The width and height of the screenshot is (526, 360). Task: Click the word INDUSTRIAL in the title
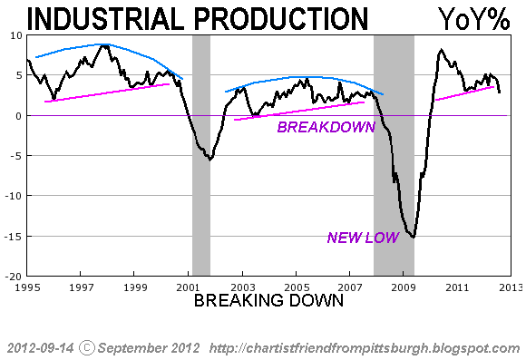[x=105, y=19]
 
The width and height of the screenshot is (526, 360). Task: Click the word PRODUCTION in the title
[x=281, y=19]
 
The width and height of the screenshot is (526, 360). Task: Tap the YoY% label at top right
[x=474, y=19]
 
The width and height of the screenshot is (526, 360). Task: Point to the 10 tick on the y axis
[x=15, y=35]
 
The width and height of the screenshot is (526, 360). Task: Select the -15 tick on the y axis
[x=14, y=237]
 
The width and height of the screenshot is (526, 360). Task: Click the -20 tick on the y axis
[x=14, y=277]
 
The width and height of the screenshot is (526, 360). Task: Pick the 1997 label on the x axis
[x=81, y=287]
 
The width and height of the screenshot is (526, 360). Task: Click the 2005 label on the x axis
[x=297, y=287]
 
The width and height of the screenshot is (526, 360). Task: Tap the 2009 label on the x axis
[x=404, y=287]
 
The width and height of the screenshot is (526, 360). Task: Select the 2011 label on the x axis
[x=458, y=287]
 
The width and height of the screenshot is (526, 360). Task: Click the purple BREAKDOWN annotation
[x=326, y=127]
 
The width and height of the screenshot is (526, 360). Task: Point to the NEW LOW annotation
[x=364, y=238]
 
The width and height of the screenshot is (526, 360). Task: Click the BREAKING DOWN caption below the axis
[x=269, y=300]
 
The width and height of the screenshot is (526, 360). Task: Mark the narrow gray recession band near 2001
[x=201, y=155]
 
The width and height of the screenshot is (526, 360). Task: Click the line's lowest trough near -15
[x=414, y=237]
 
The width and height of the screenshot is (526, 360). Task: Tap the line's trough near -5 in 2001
[x=210, y=160]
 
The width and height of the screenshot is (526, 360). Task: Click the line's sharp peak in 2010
[x=441, y=50]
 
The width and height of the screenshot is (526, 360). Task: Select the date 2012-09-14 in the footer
[x=40, y=348]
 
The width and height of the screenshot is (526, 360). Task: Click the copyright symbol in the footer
[x=87, y=348]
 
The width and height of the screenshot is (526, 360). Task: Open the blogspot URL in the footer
[x=365, y=348]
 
